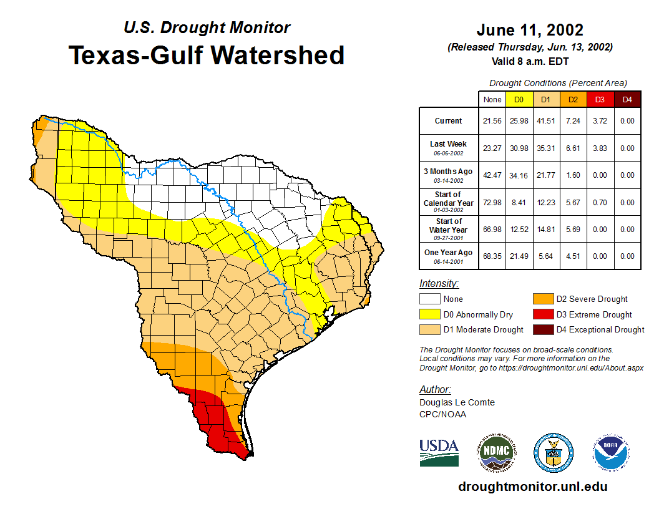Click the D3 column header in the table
pyautogui.click(x=600, y=100)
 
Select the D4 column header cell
pyautogui.click(x=627, y=100)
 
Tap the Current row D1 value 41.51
pyautogui.click(x=545, y=121)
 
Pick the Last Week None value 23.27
pyautogui.click(x=492, y=148)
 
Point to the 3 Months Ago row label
pyautogui.click(x=449, y=175)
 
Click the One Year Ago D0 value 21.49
pyautogui.click(x=519, y=256)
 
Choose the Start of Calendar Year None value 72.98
pyautogui.click(x=492, y=202)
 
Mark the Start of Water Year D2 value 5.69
pyautogui.click(x=573, y=229)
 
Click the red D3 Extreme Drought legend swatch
pyautogui.click(x=542, y=314)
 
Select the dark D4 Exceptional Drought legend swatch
pyautogui.click(x=542, y=329)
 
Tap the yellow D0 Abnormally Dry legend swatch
pyautogui.click(x=429, y=314)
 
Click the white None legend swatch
pyautogui.click(x=429, y=299)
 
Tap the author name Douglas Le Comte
pyautogui.click(x=457, y=402)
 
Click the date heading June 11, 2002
pyautogui.click(x=530, y=30)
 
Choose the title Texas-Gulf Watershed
pyautogui.click(x=207, y=55)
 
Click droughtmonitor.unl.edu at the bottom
pyautogui.click(x=532, y=487)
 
